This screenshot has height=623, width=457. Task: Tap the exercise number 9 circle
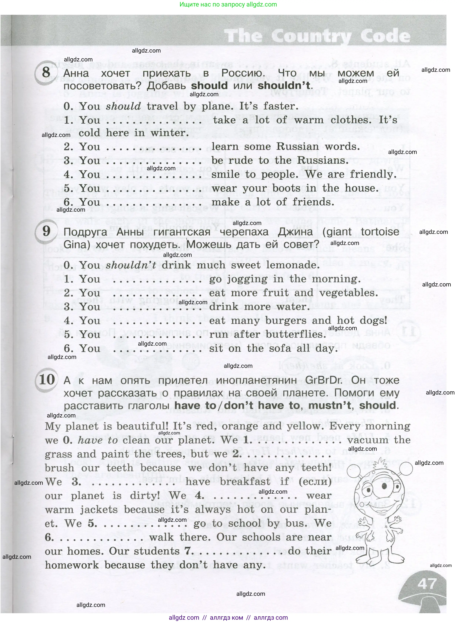pos(46,231)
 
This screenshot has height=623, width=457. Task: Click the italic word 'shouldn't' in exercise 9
pos(131,265)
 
